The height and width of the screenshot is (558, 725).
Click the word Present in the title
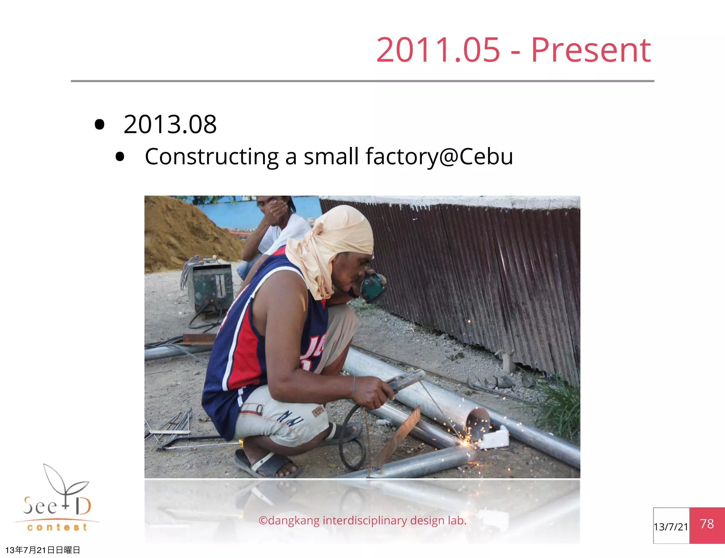click(x=590, y=51)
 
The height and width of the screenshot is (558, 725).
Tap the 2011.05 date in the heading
click(x=438, y=51)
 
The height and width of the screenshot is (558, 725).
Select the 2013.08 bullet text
click(x=170, y=125)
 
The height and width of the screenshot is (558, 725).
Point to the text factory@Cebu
click(x=439, y=156)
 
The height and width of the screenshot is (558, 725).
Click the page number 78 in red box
click(x=707, y=524)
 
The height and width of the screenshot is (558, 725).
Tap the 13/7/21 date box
click(x=671, y=526)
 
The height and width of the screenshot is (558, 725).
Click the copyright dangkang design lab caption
click(x=362, y=520)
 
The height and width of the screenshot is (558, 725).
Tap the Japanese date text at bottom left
click(x=42, y=550)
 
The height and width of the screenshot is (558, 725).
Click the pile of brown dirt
click(x=184, y=234)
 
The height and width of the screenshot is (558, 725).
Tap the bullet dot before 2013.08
click(x=100, y=125)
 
